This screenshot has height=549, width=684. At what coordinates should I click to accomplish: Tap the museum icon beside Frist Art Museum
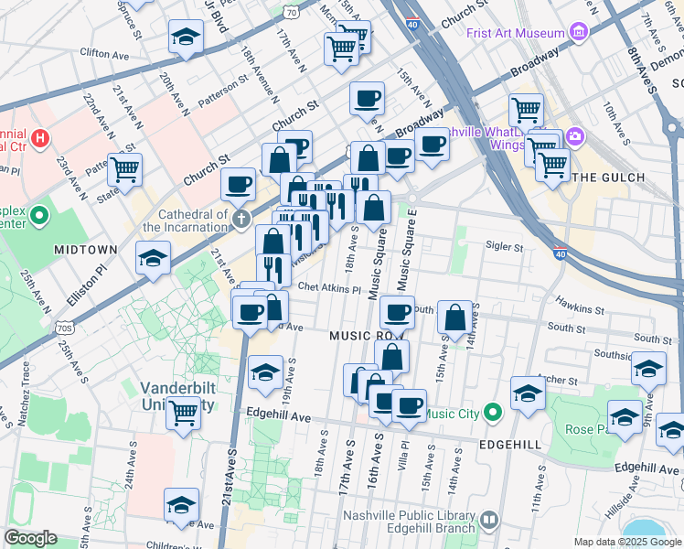pos(578,33)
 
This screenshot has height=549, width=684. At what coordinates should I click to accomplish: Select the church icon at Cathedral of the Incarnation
pos(240,219)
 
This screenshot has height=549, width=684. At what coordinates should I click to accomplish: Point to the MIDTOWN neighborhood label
pos(85,250)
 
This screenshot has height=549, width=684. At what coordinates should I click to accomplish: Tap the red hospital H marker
pos(39,139)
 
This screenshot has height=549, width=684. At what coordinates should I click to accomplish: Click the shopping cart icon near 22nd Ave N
pos(124,169)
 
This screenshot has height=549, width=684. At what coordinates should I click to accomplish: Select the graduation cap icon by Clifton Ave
pos(186,38)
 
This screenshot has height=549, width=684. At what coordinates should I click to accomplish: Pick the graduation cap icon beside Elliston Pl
pos(153,258)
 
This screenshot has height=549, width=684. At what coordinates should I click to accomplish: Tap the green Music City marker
pos(492,414)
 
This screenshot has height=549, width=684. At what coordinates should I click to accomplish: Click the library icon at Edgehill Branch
pos(489,521)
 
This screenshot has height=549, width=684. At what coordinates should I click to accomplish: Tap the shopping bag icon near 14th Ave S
pos(454,318)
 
